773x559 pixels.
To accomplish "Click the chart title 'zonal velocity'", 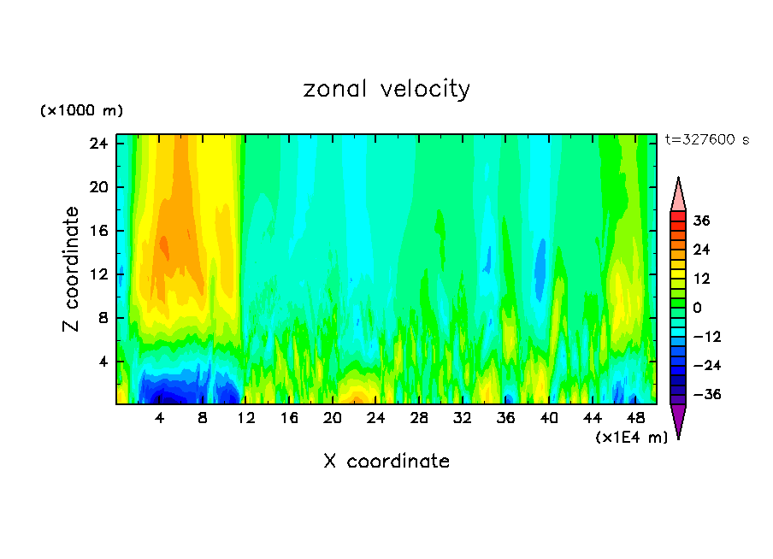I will pyautogui.click(x=386, y=89).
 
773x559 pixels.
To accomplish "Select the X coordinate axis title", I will pyautogui.click(x=386, y=462).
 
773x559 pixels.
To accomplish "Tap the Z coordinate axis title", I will pyautogui.click(x=72, y=269).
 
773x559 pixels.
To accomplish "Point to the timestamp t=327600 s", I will pyautogui.click(x=707, y=139).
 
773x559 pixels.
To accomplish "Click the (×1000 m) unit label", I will pyautogui.click(x=81, y=111).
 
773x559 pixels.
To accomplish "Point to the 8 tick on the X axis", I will pyautogui.click(x=203, y=419).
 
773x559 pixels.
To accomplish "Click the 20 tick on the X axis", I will pyautogui.click(x=333, y=419).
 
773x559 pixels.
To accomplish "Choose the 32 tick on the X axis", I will pyautogui.click(x=463, y=419).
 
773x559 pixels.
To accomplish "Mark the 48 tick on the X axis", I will pyautogui.click(x=635, y=419).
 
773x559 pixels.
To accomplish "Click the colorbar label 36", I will pyautogui.click(x=702, y=221).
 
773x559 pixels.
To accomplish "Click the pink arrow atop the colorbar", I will pyautogui.click(x=678, y=195).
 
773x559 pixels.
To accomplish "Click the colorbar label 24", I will pyautogui.click(x=702, y=250).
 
